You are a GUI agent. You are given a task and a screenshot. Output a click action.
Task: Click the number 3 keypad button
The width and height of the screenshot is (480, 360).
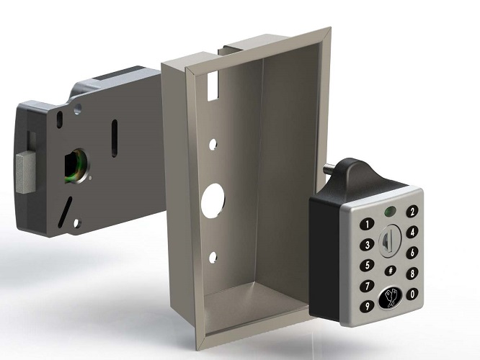[x=365, y=245]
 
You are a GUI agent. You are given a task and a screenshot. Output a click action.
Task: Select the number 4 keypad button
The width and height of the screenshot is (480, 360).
[x=412, y=233]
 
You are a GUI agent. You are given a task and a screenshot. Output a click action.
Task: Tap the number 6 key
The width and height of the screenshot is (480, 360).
[x=412, y=253]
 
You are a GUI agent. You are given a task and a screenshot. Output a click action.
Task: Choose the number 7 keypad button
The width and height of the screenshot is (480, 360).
[x=365, y=286]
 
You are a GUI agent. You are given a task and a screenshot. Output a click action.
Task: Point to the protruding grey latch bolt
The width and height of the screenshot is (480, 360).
[x=25, y=173]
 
